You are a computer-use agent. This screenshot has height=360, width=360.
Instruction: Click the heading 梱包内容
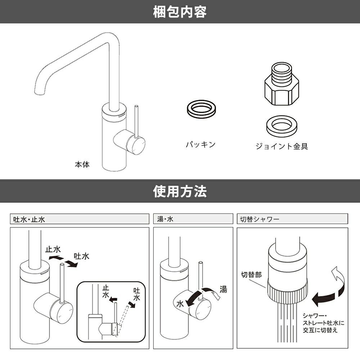(180, 12)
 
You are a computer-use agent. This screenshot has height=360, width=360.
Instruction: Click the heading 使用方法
(180, 191)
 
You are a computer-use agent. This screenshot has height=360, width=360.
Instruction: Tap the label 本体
(82, 165)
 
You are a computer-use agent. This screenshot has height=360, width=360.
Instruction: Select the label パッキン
(201, 145)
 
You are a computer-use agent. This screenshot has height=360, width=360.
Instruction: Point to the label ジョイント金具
(282, 147)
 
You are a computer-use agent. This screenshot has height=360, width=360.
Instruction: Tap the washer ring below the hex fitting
(282, 125)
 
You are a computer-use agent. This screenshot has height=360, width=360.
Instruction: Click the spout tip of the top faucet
(39, 91)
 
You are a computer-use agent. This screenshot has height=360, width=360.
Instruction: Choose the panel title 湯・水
(165, 219)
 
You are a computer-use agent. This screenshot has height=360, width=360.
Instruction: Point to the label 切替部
(251, 275)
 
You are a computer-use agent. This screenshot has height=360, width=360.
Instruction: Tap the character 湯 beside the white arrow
(223, 289)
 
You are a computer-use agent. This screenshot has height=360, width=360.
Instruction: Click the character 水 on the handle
(180, 303)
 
